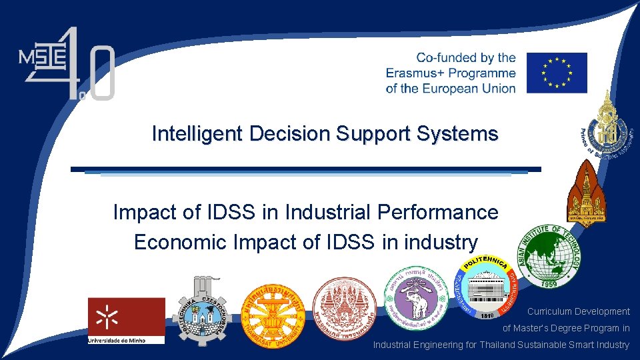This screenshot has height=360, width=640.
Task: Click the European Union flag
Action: (x=557, y=73)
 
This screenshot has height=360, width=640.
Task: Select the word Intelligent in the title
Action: (x=198, y=134)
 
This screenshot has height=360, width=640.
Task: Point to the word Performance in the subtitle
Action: (x=437, y=213)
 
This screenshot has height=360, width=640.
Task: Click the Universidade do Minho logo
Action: (x=126, y=321)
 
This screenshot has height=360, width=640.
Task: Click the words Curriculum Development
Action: (x=578, y=311)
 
